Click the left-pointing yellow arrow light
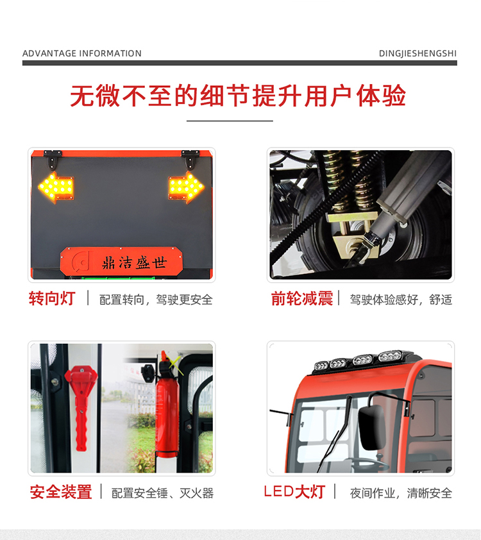pos(56,187)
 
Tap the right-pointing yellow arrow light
pos(187,187)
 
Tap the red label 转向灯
pos(52,298)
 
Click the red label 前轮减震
pos(301,298)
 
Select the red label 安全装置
pos(61,492)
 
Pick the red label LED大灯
pos(294,492)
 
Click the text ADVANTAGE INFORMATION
pos(82,53)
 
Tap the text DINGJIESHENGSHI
pos(418,53)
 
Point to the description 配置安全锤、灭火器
pos(162,493)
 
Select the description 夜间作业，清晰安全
pos(401,493)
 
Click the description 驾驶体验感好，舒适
pos(401,299)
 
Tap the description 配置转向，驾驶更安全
pos(156,299)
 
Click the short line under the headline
pos(230,121)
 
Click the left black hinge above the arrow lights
pos(53,155)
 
